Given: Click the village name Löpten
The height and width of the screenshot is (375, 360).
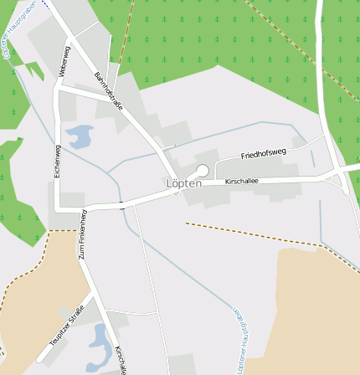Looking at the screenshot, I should (183, 182).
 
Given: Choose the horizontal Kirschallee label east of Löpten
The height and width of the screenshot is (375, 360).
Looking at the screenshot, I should (242, 181).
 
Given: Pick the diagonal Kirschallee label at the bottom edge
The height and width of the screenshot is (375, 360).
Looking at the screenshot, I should (122, 359).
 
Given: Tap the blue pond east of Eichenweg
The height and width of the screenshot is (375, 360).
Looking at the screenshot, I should (80, 136).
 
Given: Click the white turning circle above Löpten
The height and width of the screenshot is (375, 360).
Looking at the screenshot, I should (202, 170).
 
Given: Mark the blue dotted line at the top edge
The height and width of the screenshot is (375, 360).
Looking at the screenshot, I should (44, 3).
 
